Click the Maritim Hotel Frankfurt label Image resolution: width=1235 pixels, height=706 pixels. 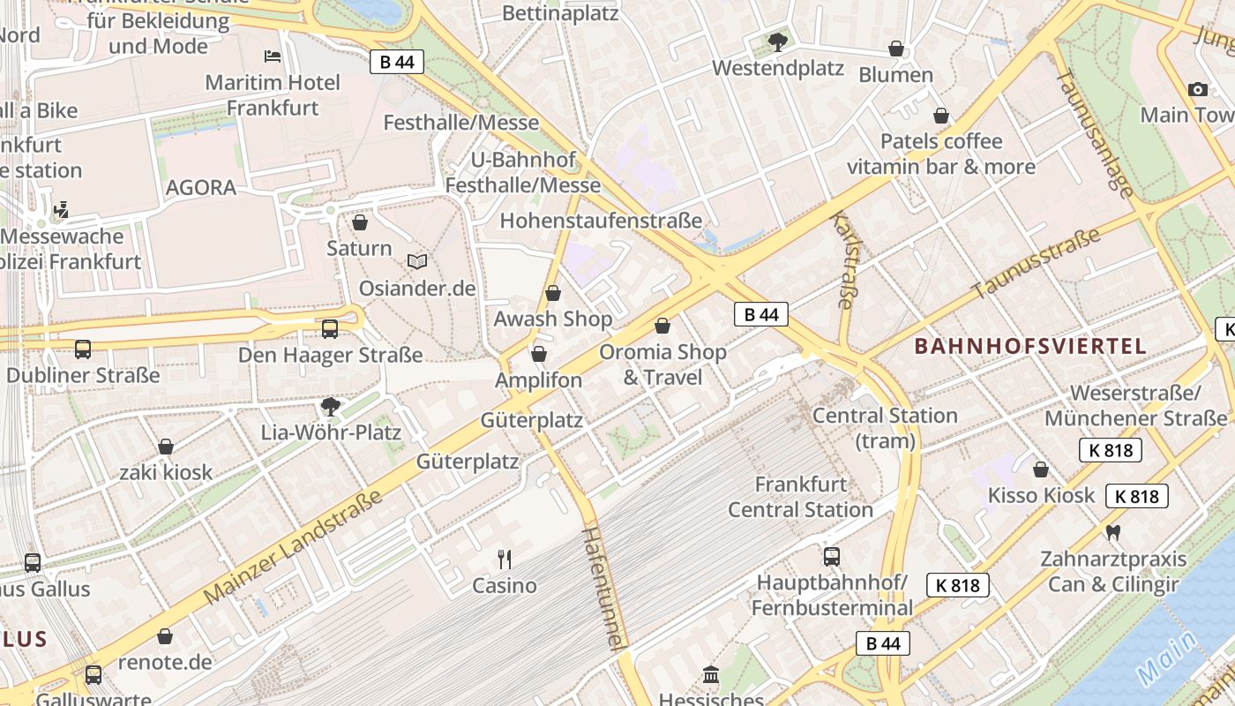pyautogui.click(x=273, y=95)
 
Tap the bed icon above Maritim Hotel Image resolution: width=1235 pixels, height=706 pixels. pyautogui.click(x=273, y=56)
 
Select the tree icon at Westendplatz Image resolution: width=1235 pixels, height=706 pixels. pyautogui.click(x=777, y=41)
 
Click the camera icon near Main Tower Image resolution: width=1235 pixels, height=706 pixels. pyautogui.click(x=1197, y=89)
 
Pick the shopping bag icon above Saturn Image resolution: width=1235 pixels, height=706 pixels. pyautogui.click(x=359, y=222)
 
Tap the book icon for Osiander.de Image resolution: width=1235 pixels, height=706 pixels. pyautogui.click(x=417, y=262)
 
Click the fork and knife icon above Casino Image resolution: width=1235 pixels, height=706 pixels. pyautogui.click(x=505, y=559)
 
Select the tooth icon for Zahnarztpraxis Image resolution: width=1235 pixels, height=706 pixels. pyautogui.click(x=1112, y=533)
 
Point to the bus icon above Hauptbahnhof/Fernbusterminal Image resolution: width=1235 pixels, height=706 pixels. pyautogui.click(x=831, y=556)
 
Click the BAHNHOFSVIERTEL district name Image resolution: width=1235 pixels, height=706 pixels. pyautogui.click(x=1030, y=346)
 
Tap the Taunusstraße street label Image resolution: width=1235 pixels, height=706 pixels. pyautogui.click(x=1037, y=263)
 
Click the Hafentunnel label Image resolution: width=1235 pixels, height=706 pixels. pyautogui.click(x=605, y=587)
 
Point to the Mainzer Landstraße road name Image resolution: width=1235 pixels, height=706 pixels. pyautogui.click(x=294, y=547)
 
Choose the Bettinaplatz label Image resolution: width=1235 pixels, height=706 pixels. pyautogui.click(x=560, y=13)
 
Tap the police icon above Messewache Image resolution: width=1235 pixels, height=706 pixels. pyautogui.click(x=61, y=210)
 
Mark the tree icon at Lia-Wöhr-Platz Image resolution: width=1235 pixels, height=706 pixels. pyautogui.click(x=331, y=406)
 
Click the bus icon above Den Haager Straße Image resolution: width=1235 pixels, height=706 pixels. pyautogui.click(x=330, y=329)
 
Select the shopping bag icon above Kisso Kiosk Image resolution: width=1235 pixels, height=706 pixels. pyautogui.click(x=1041, y=469)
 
